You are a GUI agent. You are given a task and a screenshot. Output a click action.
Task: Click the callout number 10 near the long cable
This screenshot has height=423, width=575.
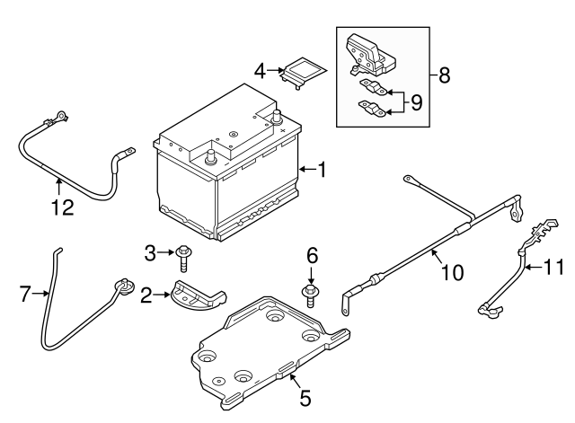click(452, 271)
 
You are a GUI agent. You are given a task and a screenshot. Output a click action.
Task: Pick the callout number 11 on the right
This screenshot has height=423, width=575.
click(557, 266)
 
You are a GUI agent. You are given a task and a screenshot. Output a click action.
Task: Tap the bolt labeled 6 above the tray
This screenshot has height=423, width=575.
click(311, 294)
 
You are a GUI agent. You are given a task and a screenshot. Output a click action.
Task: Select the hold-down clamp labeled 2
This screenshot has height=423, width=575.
click(196, 297)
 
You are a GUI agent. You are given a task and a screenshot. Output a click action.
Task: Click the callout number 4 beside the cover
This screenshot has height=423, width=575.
click(259, 69)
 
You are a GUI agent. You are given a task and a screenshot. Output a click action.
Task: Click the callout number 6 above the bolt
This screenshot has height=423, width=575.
click(312, 256)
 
